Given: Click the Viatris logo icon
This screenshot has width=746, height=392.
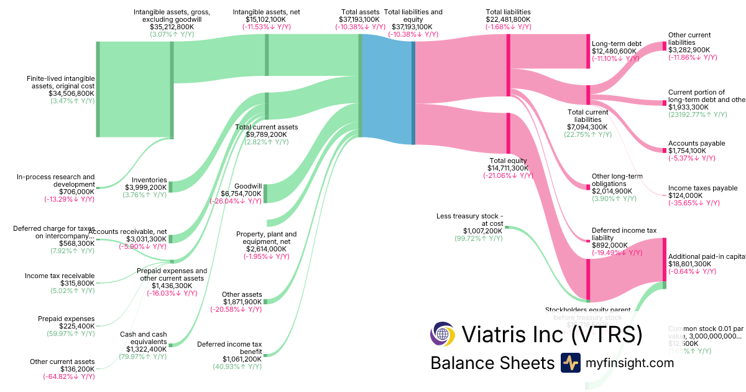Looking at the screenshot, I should (x=443, y=334).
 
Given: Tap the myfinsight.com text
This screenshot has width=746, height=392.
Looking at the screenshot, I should (x=630, y=363).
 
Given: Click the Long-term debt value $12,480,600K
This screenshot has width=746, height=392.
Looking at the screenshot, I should (x=614, y=51).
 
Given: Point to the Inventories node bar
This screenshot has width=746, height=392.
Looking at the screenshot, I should (x=171, y=187).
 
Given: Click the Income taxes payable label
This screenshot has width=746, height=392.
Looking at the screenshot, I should (x=702, y=188).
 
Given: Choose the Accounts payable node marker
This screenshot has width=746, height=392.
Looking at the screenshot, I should (x=664, y=149).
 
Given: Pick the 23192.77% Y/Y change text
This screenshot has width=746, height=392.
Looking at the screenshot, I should (x=698, y=115).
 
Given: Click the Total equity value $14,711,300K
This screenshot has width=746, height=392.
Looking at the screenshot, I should (x=509, y=168).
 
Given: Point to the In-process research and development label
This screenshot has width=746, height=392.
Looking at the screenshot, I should (x=56, y=180).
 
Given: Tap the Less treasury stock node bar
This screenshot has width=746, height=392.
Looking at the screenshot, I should (x=507, y=227).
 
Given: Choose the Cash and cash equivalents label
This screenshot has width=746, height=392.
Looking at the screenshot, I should (x=143, y=338).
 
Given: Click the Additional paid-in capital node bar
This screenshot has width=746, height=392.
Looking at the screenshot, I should (x=664, y=259).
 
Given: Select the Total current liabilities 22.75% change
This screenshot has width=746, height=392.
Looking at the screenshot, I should (x=586, y=134).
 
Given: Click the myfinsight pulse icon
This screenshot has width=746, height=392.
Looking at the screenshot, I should (x=570, y=363).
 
